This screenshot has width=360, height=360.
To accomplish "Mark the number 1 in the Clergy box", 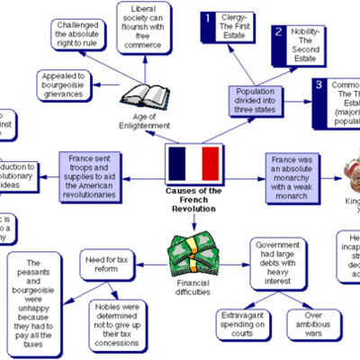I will [x=209, y=18].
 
